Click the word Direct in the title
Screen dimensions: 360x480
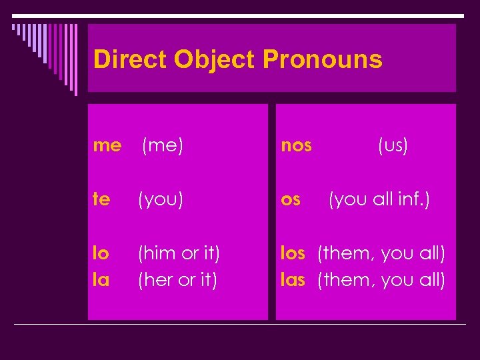point(130,59)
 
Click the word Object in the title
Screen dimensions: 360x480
point(215,59)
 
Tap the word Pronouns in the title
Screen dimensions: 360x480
point(323,59)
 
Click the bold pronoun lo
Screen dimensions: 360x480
point(101,253)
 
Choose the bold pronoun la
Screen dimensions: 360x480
point(101,280)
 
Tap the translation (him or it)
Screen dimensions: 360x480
point(178,253)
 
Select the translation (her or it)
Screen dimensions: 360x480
point(177,280)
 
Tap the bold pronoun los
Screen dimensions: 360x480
point(293,253)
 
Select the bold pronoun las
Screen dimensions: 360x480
point(293,280)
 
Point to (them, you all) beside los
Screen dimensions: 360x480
point(381,253)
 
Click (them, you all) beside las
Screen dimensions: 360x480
point(381,280)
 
